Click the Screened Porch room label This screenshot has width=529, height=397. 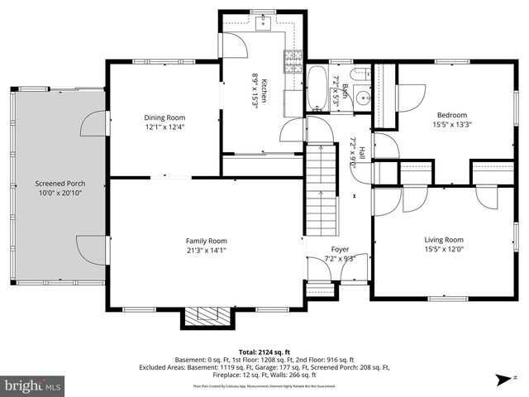pyautogui.click(x=60, y=183)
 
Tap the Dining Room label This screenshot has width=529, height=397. pyautogui.click(x=164, y=118)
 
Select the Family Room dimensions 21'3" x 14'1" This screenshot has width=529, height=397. pyautogui.click(x=206, y=249)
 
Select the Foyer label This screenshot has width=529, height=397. pyautogui.click(x=341, y=249)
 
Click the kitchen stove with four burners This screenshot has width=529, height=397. pyautogui.click(x=291, y=59)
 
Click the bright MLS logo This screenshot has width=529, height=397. pyautogui.click(x=34, y=385)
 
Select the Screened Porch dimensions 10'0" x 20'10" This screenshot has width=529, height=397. pyautogui.click(x=60, y=193)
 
